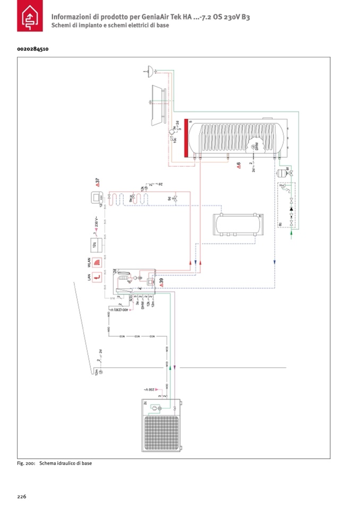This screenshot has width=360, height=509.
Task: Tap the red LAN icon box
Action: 97,277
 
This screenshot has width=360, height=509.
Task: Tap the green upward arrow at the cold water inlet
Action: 290,231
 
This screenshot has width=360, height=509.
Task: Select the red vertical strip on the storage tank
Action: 185,139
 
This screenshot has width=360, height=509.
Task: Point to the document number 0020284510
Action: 33,49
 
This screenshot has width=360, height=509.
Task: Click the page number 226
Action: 22,496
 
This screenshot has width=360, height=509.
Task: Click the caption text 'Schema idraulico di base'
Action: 65,463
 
